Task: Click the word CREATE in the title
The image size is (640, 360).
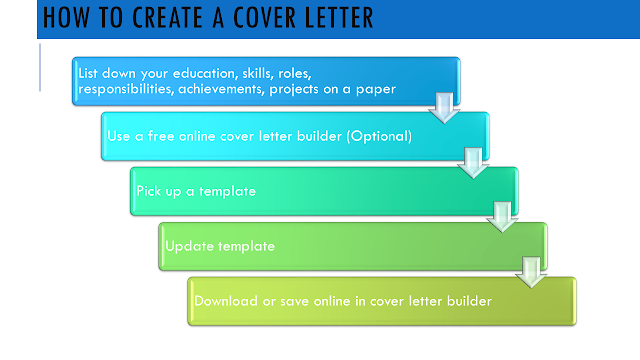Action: click(167, 18)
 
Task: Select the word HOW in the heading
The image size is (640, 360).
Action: click(66, 18)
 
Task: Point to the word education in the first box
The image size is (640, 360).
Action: click(205, 73)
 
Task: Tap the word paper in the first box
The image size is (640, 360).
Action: click(376, 90)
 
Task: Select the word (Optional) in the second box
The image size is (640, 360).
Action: click(379, 136)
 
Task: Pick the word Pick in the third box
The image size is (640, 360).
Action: click(149, 191)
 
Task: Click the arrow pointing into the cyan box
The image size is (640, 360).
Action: click(444, 108)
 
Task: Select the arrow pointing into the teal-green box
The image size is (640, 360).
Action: click(473, 163)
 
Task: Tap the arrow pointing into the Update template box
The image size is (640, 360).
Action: click(502, 217)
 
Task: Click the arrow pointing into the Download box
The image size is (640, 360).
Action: click(531, 272)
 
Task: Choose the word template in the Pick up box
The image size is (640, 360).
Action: click(227, 191)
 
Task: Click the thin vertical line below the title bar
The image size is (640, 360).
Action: click(40, 68)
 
